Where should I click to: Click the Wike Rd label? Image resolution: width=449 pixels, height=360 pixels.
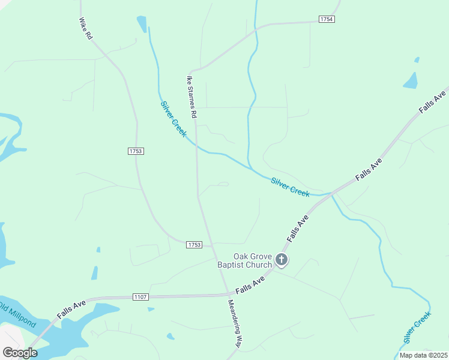click(85, 29)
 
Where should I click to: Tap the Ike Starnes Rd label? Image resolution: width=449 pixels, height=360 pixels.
click(191, 96)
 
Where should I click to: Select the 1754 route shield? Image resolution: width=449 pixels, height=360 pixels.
click(327, 19)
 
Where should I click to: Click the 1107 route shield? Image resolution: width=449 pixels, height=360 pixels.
click(140, 297)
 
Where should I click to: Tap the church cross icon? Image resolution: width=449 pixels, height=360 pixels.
click(282, 260)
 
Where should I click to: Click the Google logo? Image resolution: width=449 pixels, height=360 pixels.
click(20, 353)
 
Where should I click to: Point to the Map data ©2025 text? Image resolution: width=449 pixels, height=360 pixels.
click(423, 355)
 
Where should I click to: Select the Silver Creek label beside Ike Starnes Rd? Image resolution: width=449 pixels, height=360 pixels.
click(173, 118)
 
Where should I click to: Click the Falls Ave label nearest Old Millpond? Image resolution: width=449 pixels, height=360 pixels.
click(72, 310)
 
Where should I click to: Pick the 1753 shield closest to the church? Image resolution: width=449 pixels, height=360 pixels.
click(194, 245)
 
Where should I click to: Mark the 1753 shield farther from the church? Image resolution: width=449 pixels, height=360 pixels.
click(136, 151)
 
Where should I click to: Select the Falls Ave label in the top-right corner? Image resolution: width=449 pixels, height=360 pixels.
click(433, 98)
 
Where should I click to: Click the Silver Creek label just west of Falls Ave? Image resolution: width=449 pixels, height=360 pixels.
click(290, 187)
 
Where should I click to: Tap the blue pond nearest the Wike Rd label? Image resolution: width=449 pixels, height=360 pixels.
click(142, 24)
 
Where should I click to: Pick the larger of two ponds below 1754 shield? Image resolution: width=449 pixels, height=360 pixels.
click(411, 80)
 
